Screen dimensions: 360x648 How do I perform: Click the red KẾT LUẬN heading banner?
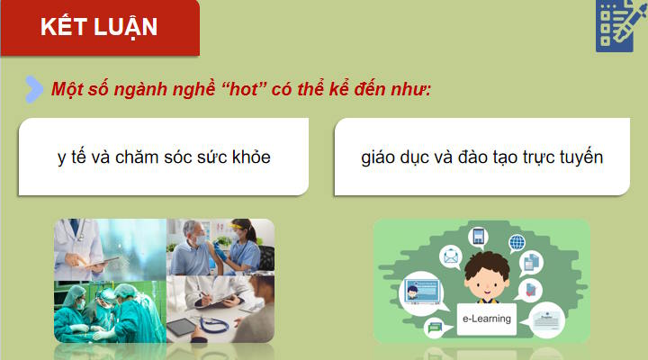point(99,27)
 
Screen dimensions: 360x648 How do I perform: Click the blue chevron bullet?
point(34,88)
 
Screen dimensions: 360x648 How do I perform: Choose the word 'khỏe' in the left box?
point(251,157)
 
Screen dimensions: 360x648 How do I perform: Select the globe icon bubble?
point(517,242)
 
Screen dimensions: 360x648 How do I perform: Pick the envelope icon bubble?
point(450,257)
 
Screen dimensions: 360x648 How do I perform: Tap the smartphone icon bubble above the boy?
point(479,237)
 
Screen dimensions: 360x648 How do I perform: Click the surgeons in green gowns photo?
point(108,311)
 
